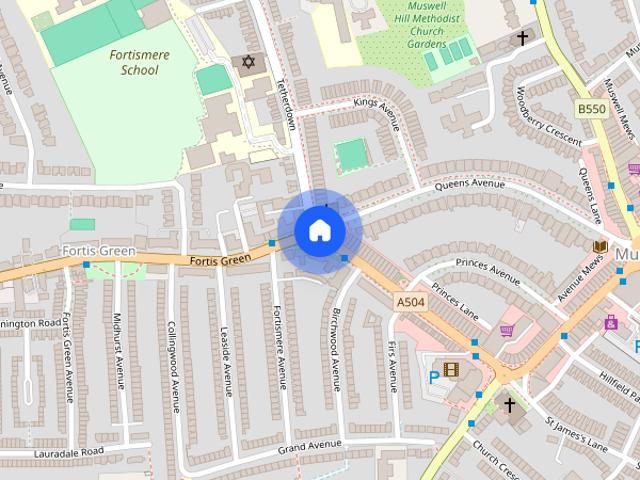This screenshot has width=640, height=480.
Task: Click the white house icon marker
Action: tap(319, 230)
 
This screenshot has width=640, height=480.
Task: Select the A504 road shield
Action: tap(412, 301)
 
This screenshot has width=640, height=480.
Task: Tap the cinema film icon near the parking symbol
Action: tap(451, 370)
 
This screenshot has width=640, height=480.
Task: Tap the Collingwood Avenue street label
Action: tap(173, 366)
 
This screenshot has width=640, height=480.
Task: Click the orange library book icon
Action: tap(600, 247)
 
